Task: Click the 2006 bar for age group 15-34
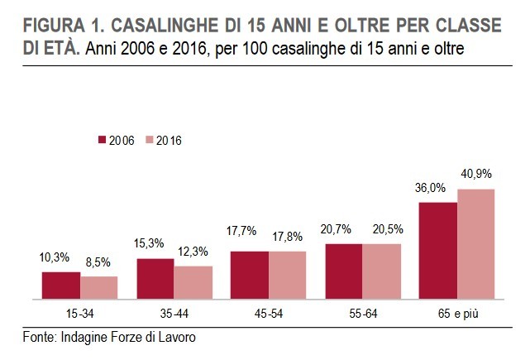click(61, 285)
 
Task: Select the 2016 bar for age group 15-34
click(98, 287)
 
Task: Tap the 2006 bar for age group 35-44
click(155, 278)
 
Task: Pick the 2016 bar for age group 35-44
click(193, 282)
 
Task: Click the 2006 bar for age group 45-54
click(250, 274)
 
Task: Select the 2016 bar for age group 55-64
click(381, 271)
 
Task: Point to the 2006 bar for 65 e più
click(438, 250)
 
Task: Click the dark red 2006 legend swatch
click(102, 141)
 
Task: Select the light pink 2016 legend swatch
click(148, 141)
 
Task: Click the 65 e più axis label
click(456, 314)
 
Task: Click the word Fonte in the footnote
click(36, 337)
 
